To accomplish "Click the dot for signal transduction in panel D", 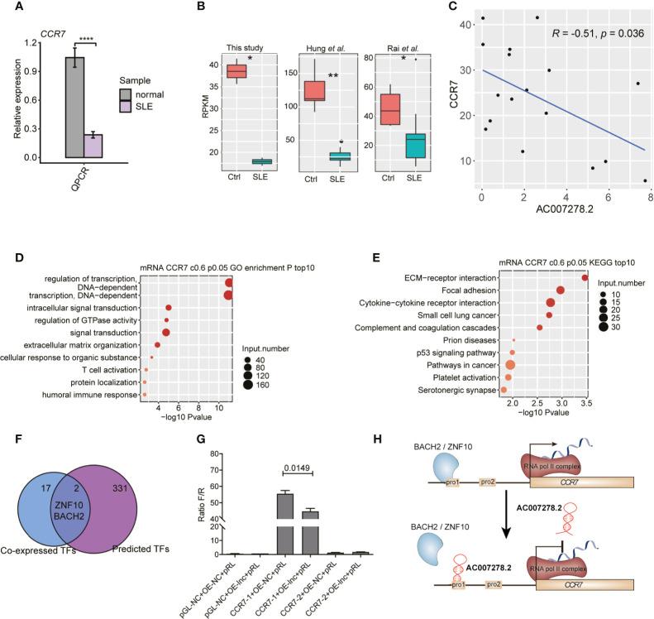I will (x=166, y=333).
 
